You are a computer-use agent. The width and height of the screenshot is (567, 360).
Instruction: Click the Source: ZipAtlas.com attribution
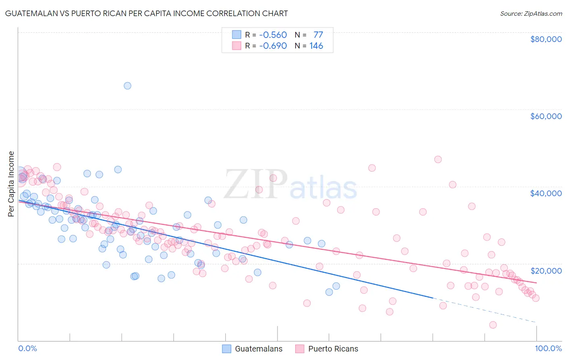(x=531, y=14)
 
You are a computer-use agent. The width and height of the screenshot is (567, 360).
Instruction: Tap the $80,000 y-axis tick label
(x=546, y=39)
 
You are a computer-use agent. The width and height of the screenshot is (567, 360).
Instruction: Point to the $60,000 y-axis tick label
(x=546, y=116)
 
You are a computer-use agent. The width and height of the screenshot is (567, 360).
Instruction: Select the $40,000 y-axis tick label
(x=546, y=193)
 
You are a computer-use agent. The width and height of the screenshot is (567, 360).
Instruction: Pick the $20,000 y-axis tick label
(x=546, y=270)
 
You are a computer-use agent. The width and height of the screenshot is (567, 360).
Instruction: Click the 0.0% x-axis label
(x=27, y=348)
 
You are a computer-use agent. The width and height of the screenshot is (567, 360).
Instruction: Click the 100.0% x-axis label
(x=548, y=348)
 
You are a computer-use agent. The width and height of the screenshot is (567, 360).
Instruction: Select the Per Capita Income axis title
(x=11, y=184)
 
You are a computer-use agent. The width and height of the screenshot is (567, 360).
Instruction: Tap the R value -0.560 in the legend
(x=273, y=35)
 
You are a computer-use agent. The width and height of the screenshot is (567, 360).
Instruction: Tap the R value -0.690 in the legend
(x=273, y=46)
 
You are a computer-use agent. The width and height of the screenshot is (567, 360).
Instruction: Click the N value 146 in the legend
(x=316, y=46)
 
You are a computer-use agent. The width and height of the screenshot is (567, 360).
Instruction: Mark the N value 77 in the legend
(x=318, y=35)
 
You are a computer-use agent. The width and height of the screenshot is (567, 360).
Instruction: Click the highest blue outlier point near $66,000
(x=127, y=86)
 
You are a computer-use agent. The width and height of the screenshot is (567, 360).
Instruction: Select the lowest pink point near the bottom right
(x=493, y=325)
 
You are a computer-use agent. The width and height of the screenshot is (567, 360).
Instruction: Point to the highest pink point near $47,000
(x=438, y=159)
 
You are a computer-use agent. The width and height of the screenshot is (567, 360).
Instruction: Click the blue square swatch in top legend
(x=237, y=35)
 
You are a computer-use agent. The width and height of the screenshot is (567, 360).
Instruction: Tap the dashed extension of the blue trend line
(x=484, y=310)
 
